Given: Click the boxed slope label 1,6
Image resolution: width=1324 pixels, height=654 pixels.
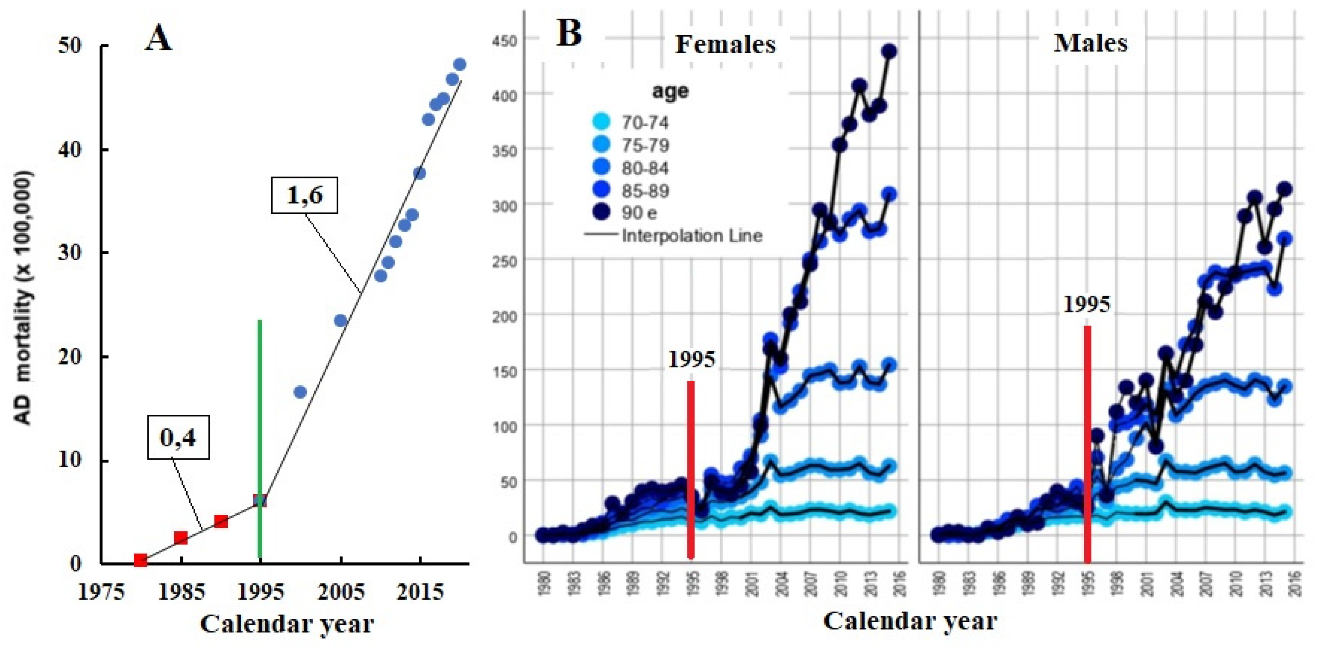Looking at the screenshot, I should coord(304,195).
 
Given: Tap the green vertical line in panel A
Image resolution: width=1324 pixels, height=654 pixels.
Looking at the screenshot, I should coord(260,411).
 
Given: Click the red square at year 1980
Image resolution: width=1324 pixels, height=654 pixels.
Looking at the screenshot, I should coord(140,560).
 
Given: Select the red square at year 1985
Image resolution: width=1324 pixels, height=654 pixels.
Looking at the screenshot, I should coord(181,537).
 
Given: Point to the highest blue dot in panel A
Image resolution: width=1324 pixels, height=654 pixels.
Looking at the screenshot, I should coord(460,65).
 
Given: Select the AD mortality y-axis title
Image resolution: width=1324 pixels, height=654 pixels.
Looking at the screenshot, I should coord(23,298).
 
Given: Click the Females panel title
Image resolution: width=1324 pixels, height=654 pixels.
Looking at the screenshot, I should coord(725,44).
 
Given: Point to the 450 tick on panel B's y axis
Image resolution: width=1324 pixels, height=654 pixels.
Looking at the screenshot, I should coord(506,40).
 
